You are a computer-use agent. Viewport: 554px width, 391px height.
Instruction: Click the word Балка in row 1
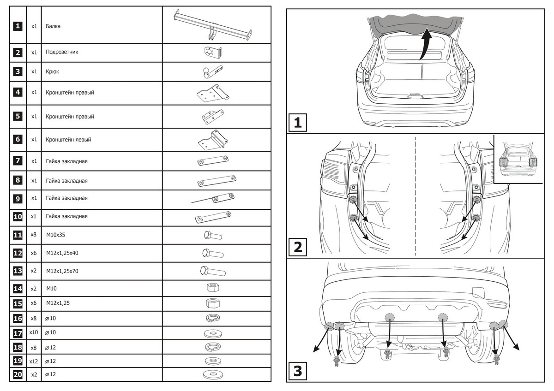click(54, 26)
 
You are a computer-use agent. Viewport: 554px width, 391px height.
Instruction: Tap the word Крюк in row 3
click(53, 72)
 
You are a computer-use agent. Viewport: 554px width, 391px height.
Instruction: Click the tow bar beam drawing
click(213, 25)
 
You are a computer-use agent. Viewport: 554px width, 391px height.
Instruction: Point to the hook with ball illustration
click(212, 71)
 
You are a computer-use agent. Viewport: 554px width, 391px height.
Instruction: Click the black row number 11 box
click(18, 235)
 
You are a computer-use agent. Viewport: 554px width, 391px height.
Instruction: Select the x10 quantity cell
click(34, 332)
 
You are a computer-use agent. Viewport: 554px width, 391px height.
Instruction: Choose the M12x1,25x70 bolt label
click(62, 271)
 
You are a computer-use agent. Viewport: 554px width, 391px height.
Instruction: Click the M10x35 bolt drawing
click(213, 236)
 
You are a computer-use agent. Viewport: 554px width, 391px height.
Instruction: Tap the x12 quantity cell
click(34, 361)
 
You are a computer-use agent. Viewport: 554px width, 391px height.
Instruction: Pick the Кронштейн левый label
click(68, 139)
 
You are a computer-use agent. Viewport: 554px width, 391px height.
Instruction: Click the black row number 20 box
click(18, 375)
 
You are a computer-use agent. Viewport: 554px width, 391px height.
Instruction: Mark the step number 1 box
click(298, 123)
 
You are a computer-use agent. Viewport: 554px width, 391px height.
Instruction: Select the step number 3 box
click(298, 371)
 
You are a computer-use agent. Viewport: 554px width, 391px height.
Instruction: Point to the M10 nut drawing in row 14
click(212, 288)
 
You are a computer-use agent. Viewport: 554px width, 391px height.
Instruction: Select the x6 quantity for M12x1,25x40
click(34, 253)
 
